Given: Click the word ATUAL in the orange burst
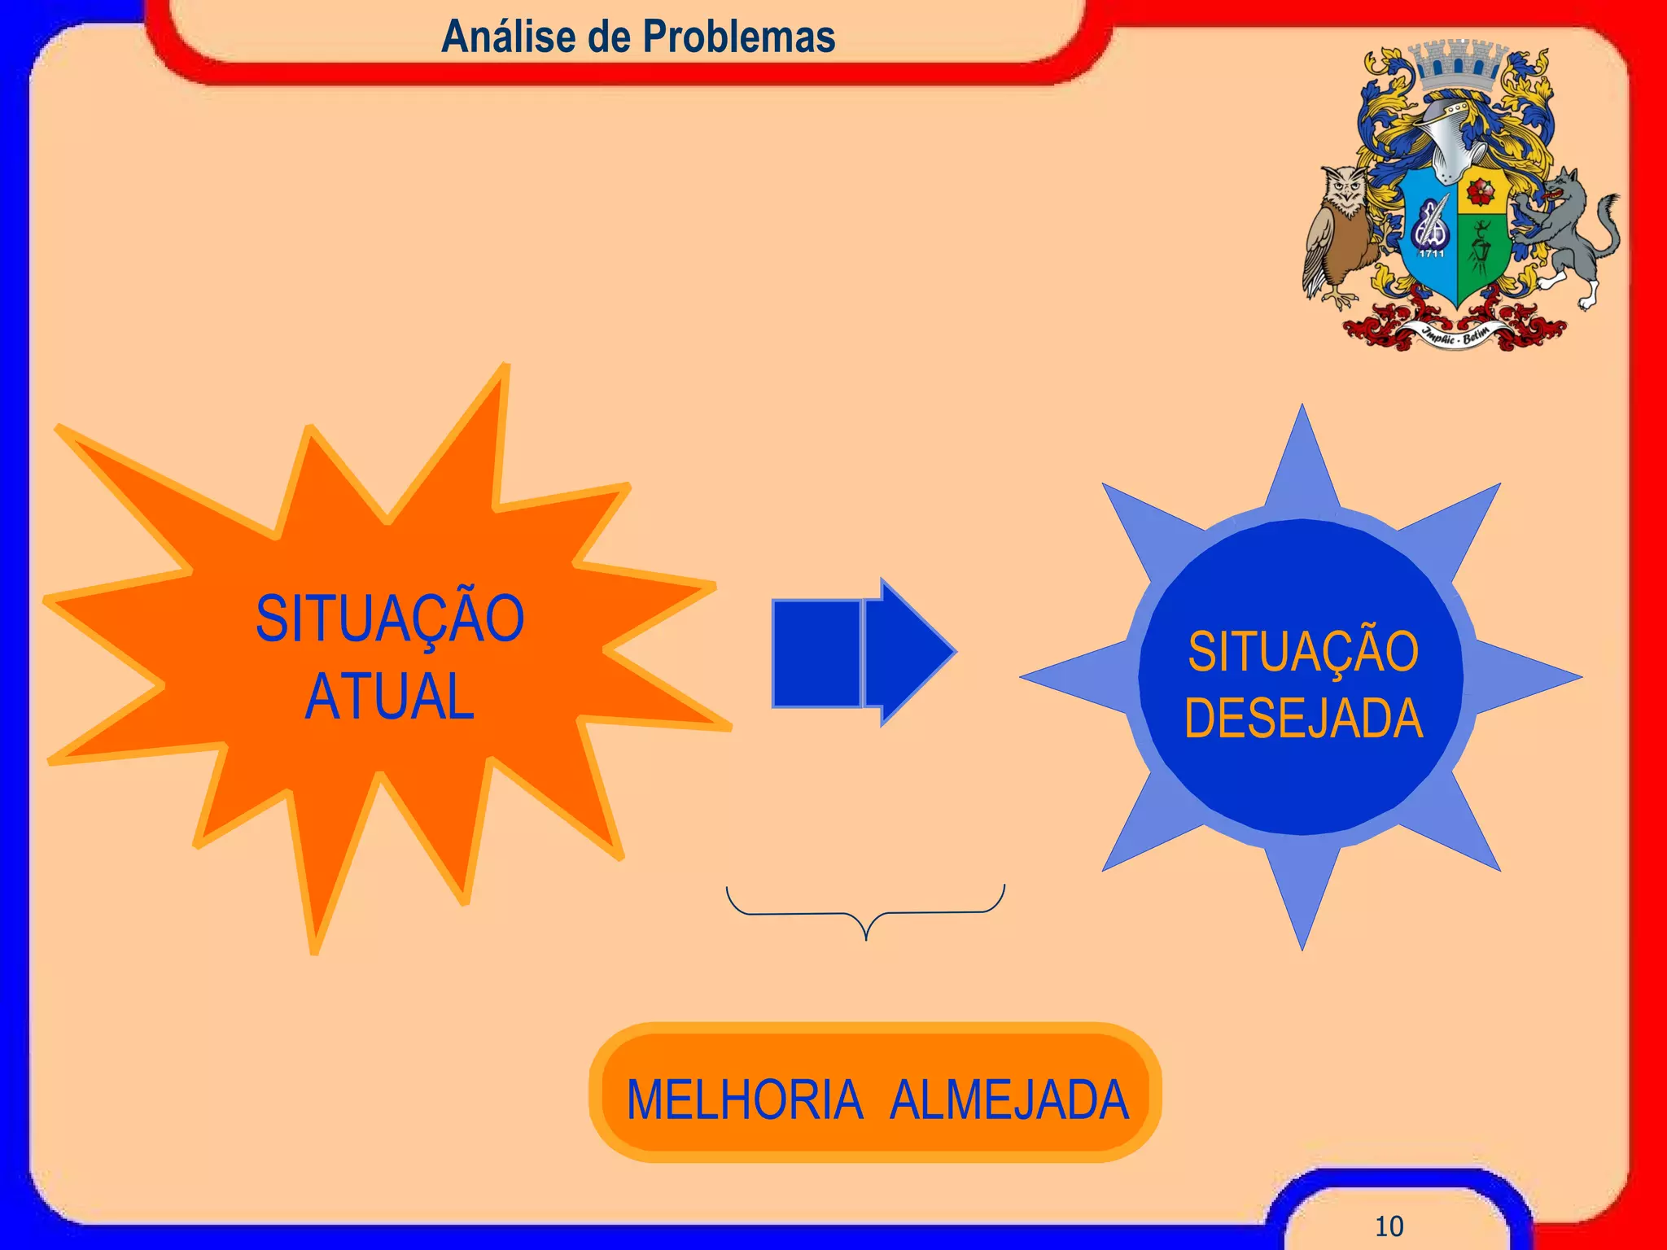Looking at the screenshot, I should [390, 697].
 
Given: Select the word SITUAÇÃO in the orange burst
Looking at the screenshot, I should [390, 618].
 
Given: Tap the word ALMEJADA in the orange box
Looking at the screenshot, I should [1009, 1100].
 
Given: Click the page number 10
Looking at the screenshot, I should [1389, 1226].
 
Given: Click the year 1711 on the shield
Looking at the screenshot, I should [1432, 253].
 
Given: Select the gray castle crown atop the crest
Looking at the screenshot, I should [1457, 65].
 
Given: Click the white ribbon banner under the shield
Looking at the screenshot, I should [1456, 334].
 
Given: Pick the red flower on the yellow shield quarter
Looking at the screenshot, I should [1480, 193].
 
